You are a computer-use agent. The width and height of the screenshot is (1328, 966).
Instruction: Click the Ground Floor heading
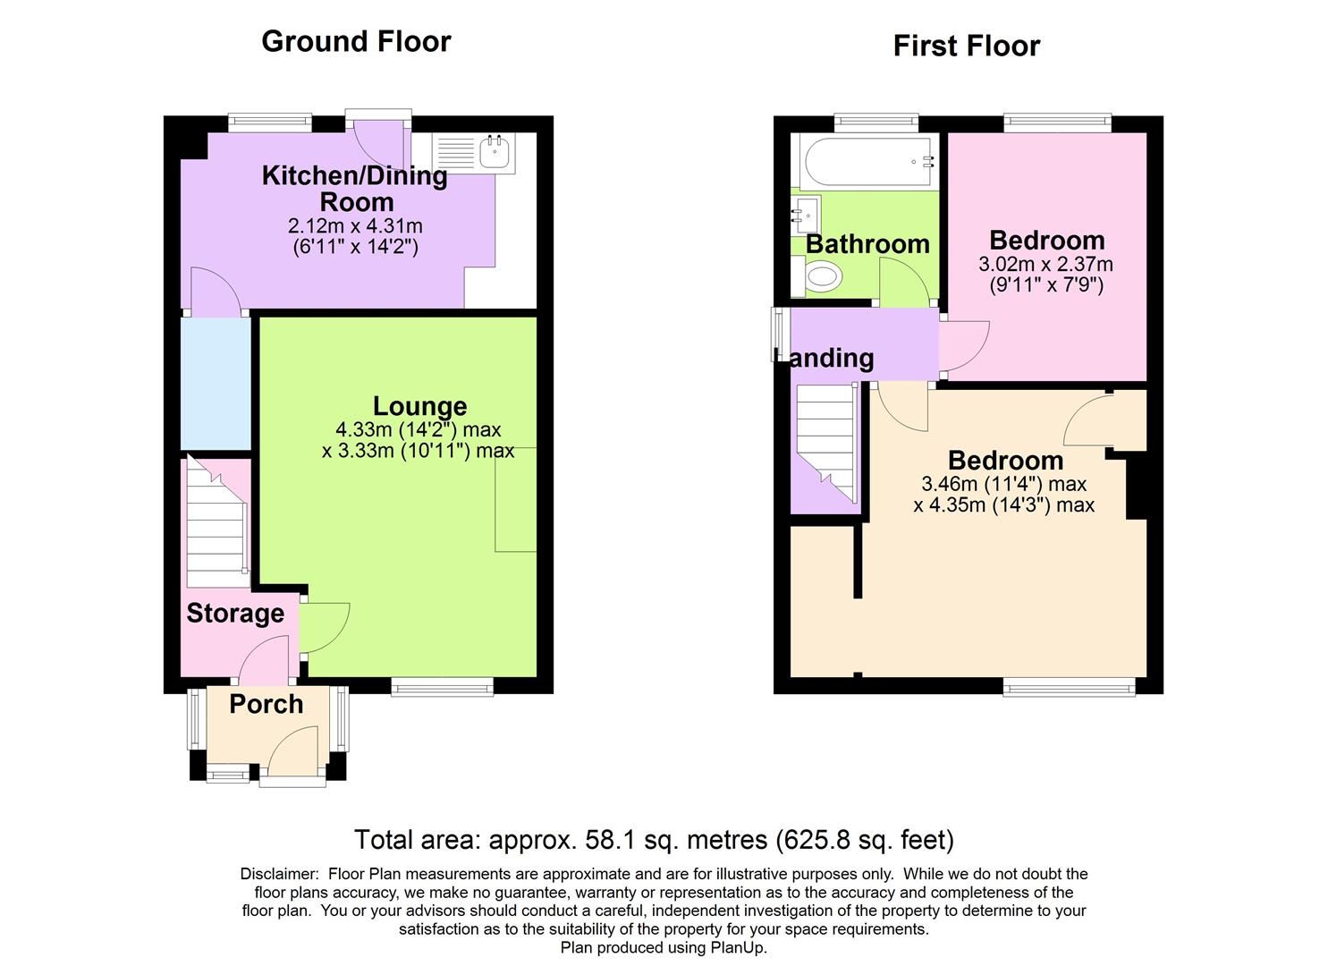click(x=356, y=41)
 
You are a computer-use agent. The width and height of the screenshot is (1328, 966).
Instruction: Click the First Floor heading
click(x=966, y=46)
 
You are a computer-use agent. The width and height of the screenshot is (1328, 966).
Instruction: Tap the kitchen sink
click(x=494, y=152)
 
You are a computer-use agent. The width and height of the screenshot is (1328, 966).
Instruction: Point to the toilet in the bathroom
click(x=821, y=277)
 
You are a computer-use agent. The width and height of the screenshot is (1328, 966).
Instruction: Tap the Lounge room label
click(x=419, y=406)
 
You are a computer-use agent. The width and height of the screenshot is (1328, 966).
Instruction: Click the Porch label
click(x=266, y=704)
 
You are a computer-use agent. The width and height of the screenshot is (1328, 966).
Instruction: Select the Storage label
click(x=235, y=614)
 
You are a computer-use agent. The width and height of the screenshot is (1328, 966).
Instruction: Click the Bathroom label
click(x=867, y=244)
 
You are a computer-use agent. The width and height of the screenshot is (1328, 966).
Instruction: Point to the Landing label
click(x=831, y=358)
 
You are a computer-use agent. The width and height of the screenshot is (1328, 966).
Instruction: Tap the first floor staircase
click(x=827, y=443)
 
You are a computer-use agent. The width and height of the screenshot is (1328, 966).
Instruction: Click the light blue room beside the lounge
click(x=216, y=383)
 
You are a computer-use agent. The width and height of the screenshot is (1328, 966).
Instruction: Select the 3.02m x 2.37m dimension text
click(x=1045, y=265)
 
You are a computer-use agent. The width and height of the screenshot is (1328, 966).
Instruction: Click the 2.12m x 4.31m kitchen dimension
click(x=355, y=226)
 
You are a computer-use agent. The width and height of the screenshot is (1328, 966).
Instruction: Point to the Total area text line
click(x=654, y=840)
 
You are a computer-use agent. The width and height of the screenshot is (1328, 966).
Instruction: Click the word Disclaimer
click(x=279, y=874)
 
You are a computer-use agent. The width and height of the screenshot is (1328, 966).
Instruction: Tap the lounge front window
click(x=442, y=687)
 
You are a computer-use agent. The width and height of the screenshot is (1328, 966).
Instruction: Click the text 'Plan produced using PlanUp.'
click(x=664, y=948)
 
